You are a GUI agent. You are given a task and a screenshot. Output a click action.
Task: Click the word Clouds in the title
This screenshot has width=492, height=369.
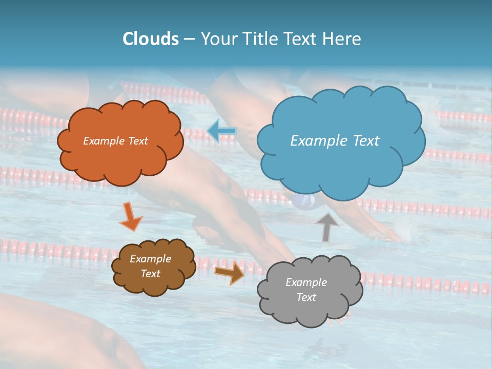point(150,39)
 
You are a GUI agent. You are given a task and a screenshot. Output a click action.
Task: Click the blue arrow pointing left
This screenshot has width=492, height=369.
point(222,131)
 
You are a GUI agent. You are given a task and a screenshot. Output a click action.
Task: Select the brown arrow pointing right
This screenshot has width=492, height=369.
point(230,273)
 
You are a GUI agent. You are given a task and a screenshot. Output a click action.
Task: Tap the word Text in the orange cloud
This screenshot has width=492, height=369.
point(137,141)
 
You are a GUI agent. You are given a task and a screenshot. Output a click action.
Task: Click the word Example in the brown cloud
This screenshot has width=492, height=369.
point(150,259)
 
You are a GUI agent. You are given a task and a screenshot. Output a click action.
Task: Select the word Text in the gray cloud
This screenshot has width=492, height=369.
point(306,297)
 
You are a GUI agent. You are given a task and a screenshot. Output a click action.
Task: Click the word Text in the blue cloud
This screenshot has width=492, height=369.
point(366,140)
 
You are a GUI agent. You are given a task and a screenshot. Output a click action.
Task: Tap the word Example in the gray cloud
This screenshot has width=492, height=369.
point(306,282)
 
